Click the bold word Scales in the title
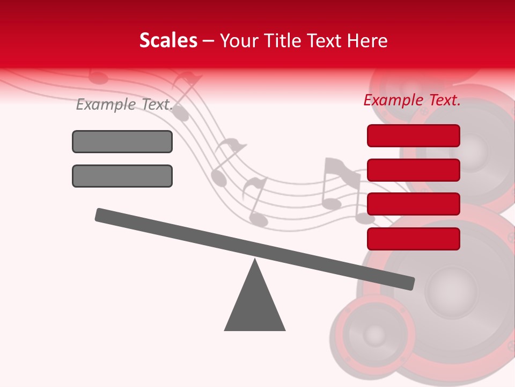[x=168, y=41]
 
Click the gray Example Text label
[x=124, y=104]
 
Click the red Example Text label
[x=412, y=100]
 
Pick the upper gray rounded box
[x=122, y=141]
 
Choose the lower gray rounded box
[x=122, y=176]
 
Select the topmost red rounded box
[x=414, y=135]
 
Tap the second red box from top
[x=414, y=170]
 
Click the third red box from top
[x=414, y=204]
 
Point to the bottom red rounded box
[x=414, y=239]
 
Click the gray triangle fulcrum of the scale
[x=255, y=306]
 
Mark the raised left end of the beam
[x=100, y=214]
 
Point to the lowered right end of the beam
[x=410, y=283]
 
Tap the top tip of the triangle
[x=255, y=261]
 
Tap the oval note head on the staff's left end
[x=98, y=78]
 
